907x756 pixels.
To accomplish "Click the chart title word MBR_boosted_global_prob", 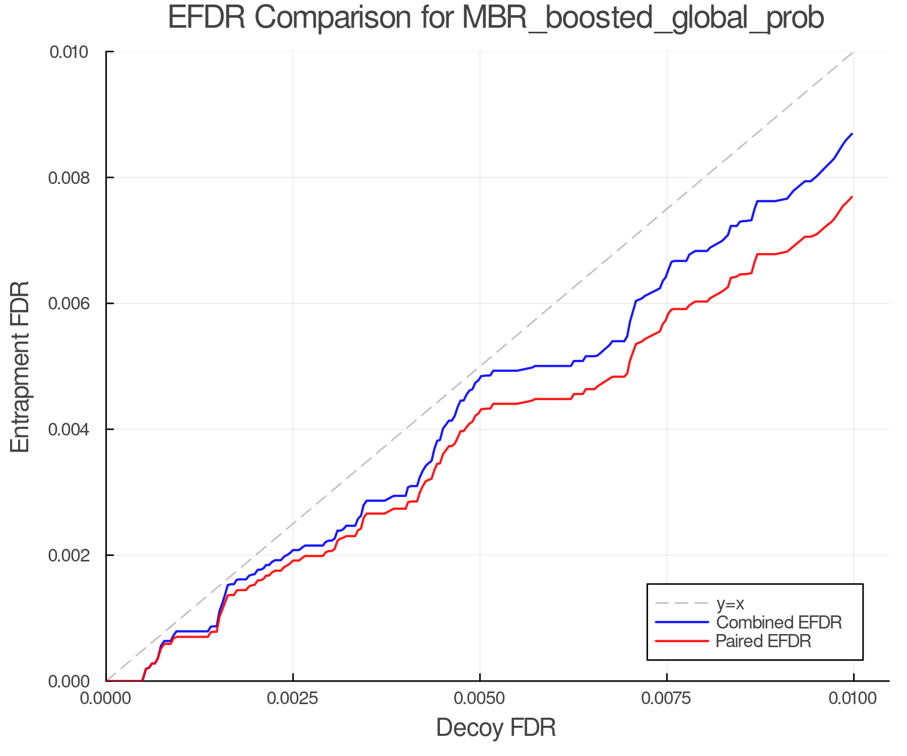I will (x=642, y=18).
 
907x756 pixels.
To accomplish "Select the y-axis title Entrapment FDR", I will (x=20, y=366).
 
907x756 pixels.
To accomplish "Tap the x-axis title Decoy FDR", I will (x=496, y=728).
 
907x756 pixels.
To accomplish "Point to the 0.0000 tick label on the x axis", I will (x=106, y=699).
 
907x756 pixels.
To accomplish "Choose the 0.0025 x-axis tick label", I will (x=293, y=699).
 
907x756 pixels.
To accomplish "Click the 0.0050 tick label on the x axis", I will (x=480, y=699).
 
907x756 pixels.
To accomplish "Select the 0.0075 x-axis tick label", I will (x=667, y=699).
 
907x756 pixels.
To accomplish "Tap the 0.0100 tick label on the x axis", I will (x=853, y=699).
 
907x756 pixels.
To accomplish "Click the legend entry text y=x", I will (x=730, y=603).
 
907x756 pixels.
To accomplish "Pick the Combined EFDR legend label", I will (x=779, y=622).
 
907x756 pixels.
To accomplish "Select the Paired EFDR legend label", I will (x=763, y=641).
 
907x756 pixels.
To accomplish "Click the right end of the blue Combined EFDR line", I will (x=852, y=134).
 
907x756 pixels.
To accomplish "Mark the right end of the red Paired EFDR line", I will (x=852, y=197).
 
